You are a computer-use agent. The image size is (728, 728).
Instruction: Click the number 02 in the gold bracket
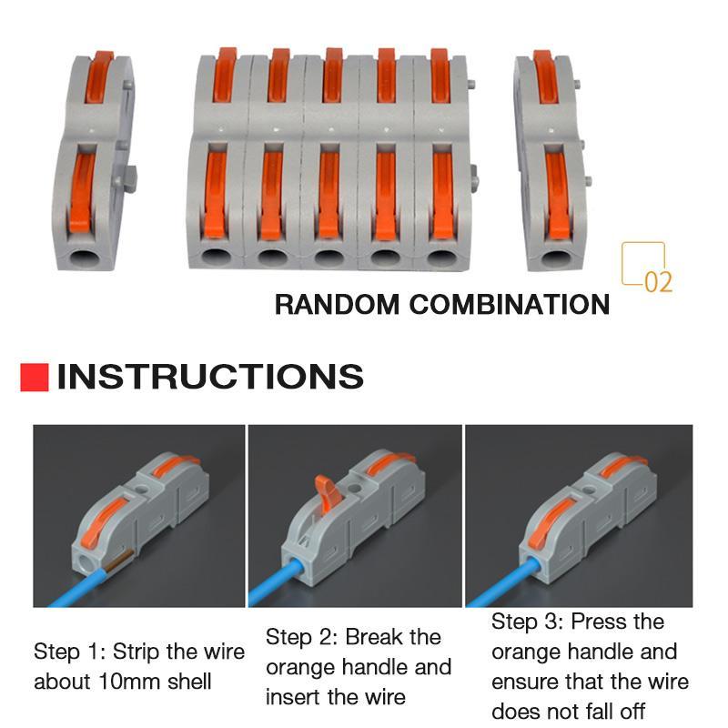pos(658,281)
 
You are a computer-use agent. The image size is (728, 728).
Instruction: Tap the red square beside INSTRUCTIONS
pos(34,377)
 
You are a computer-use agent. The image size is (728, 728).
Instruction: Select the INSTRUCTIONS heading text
pos(210,377)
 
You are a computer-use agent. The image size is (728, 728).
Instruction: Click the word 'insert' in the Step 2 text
pos(297,697)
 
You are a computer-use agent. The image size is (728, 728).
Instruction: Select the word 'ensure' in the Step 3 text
pos(527,681)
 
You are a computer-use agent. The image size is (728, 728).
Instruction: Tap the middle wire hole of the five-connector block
pos(329,257)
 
